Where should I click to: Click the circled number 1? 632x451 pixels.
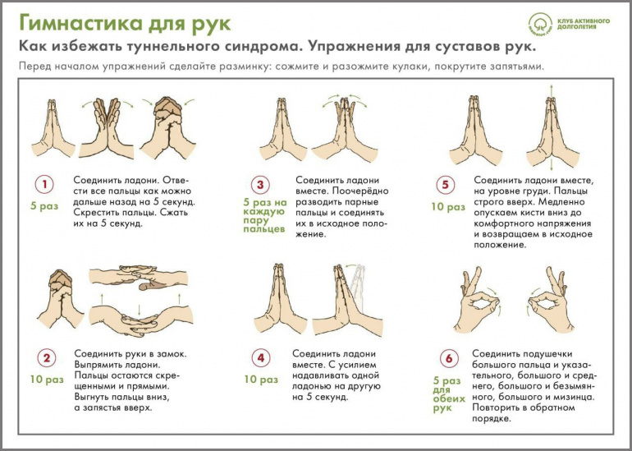44,184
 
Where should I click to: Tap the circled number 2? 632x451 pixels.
47,358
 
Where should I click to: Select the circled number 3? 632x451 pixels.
260,185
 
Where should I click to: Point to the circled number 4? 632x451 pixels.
261,358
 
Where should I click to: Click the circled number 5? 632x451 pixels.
445,185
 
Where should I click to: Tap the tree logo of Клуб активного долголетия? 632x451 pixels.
540,24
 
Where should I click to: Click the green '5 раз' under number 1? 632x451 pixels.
44,206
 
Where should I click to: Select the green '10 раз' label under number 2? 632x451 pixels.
47,380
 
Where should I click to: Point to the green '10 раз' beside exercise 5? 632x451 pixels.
448,207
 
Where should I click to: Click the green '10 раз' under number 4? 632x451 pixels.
261,380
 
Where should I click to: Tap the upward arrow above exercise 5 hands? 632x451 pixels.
551,91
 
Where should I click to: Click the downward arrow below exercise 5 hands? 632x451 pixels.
551,164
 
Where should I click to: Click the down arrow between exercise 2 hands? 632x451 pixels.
139,310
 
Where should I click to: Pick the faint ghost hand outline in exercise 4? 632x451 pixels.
358,288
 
